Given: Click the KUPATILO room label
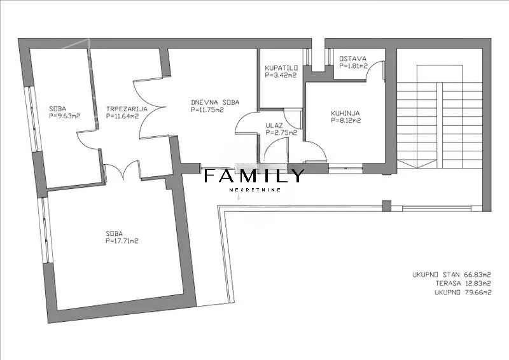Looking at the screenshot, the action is (x=281, y=68).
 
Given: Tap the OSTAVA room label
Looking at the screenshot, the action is (x=352, y=59).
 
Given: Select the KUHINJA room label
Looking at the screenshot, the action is (x=345, y=113).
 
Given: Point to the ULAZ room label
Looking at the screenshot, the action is (x=274, y=125).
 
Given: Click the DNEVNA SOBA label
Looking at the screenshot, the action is (x=215, y=102).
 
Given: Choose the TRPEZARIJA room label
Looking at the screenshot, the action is (x=127, y=109).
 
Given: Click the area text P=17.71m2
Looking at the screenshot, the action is (x=122, y=241).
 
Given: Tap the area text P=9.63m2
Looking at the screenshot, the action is (x=65, y=116).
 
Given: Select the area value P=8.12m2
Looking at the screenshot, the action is (x=346, y=121).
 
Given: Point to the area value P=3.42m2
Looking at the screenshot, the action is (x=281, y=75).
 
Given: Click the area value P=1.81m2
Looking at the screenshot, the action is (x=353, y=66).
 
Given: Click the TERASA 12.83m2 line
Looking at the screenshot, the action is (x=463, y=284).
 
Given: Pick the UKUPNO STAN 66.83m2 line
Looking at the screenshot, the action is (x=452, y=275).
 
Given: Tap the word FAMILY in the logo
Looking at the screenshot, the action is (x=254, y=176).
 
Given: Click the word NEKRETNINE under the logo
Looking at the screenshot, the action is (x=255, y=190).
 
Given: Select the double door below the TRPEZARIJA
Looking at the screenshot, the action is (x=122, y=170).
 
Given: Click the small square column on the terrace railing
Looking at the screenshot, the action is (x=386, y=206).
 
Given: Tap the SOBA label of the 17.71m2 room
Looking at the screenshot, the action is (x=115, y=233).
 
